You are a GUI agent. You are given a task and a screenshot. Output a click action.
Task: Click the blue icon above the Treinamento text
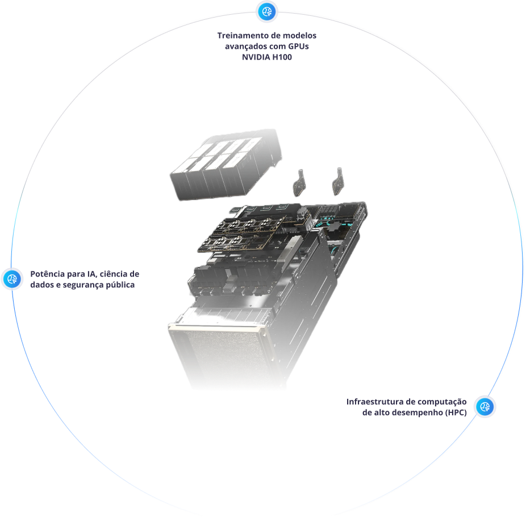coord(266,12)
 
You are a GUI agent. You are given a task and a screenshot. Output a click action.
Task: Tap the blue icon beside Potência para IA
coord(12,279)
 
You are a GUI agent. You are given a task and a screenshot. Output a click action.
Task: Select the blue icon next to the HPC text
coord(485,407)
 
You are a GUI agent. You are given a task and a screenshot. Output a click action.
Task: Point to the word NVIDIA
coord(256,57)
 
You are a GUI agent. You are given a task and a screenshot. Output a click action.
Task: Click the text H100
coord(282,57)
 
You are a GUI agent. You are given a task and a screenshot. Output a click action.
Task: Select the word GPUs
coord(298,46)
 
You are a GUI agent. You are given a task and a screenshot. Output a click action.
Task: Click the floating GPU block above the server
coord(226,165)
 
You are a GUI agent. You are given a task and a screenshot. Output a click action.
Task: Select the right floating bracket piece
coord(338,181)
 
